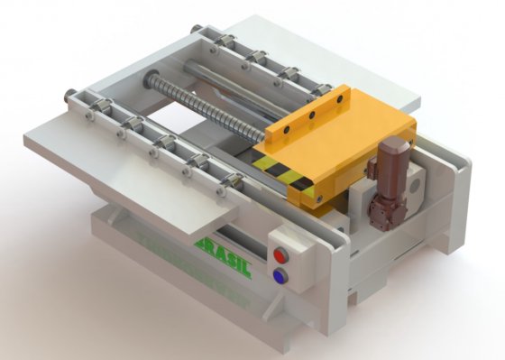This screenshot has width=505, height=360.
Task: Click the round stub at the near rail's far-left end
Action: (x=70, y=92)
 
